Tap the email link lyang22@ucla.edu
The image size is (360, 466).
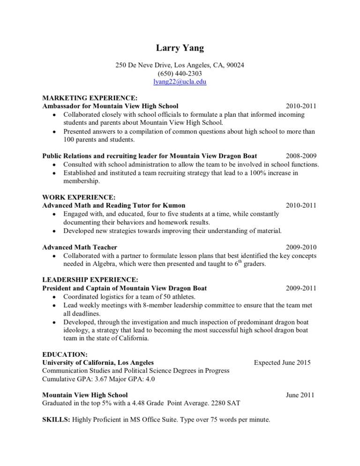[x=180, y=82]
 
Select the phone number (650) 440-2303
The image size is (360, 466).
[x=180, y=73]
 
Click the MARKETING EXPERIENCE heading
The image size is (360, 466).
[x=90, y=98]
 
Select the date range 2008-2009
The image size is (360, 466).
[x=301, y=156]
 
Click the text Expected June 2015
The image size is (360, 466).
[x=282, y=362]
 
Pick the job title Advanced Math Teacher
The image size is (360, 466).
[x=80, y=247]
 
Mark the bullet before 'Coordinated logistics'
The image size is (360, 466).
[x=56, y=297]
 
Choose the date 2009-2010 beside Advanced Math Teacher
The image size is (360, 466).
[x=301, y=247]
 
